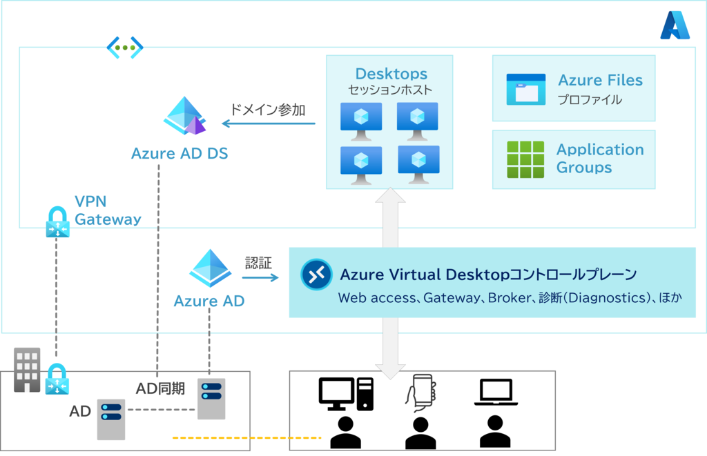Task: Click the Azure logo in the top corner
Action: pos(674,26)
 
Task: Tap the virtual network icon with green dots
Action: pos(125,47)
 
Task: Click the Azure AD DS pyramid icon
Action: pos(185,116)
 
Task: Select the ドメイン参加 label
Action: pos(267,110)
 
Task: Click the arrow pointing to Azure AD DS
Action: pos(269,124)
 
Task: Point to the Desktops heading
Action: pos(391,74)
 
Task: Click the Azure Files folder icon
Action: pos(525,90)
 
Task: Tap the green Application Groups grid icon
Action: pos(525,159)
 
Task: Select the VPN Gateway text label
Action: pos(108,211)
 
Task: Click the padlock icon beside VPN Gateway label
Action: pos(57,223)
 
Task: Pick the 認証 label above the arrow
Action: pos(258,263)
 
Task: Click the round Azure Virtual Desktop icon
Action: pos(317,275)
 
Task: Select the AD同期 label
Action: pos(160,388)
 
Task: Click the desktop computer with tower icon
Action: pos(345,395)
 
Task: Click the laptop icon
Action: pos(495,393)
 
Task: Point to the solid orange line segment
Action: pos(270,438)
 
